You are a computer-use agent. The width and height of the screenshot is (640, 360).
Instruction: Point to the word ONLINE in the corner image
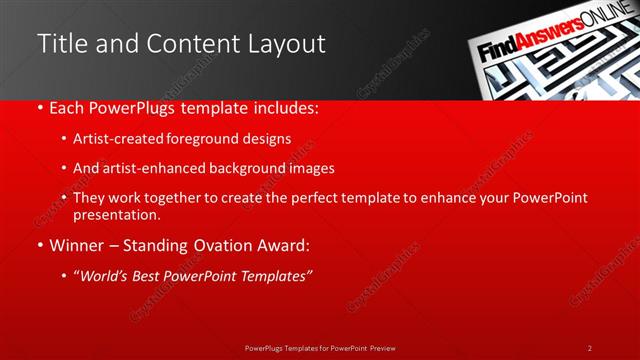coord(605,32)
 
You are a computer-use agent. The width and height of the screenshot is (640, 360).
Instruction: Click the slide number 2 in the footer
coord(590,348)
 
